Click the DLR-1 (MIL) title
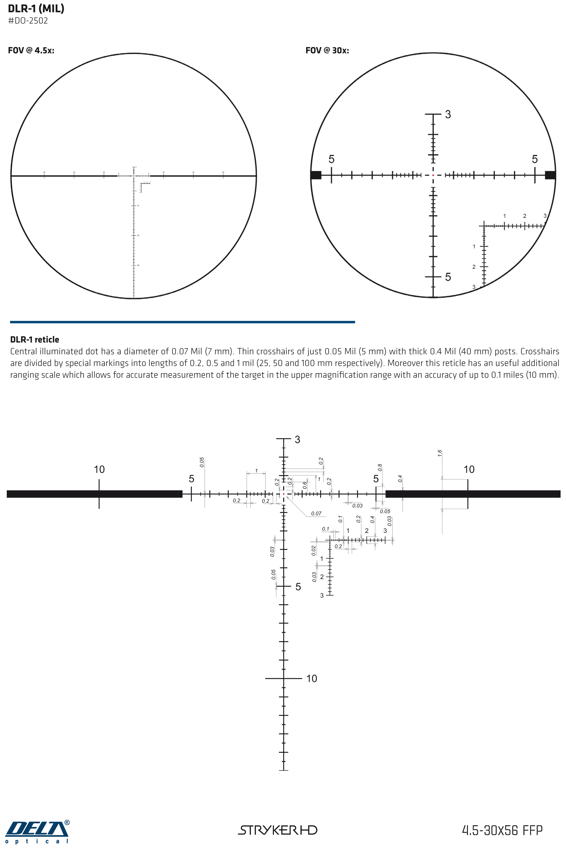click(x=36, y=8)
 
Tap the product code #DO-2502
click(x=28, y=21)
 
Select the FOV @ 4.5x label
click(x=31, y=50)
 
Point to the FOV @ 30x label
click(x=327, y=50)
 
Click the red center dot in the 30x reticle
click(x=433, y=175)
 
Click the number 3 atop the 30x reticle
click(x=448, y=114)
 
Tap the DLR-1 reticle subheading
click(x=34, y=339)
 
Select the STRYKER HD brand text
click(x=277, y=830)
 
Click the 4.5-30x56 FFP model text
click(x=502, y=830)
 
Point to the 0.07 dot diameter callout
click(x=316, y=513)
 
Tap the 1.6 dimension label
click(x=440, y=453)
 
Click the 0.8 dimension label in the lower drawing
click(x=380, y=467)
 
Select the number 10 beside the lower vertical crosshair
click(x=311, y=679)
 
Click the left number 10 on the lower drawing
click(x=99, y=469)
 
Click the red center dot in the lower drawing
click(x=284, y=494)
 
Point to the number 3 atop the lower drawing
click(x=297, y=440)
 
